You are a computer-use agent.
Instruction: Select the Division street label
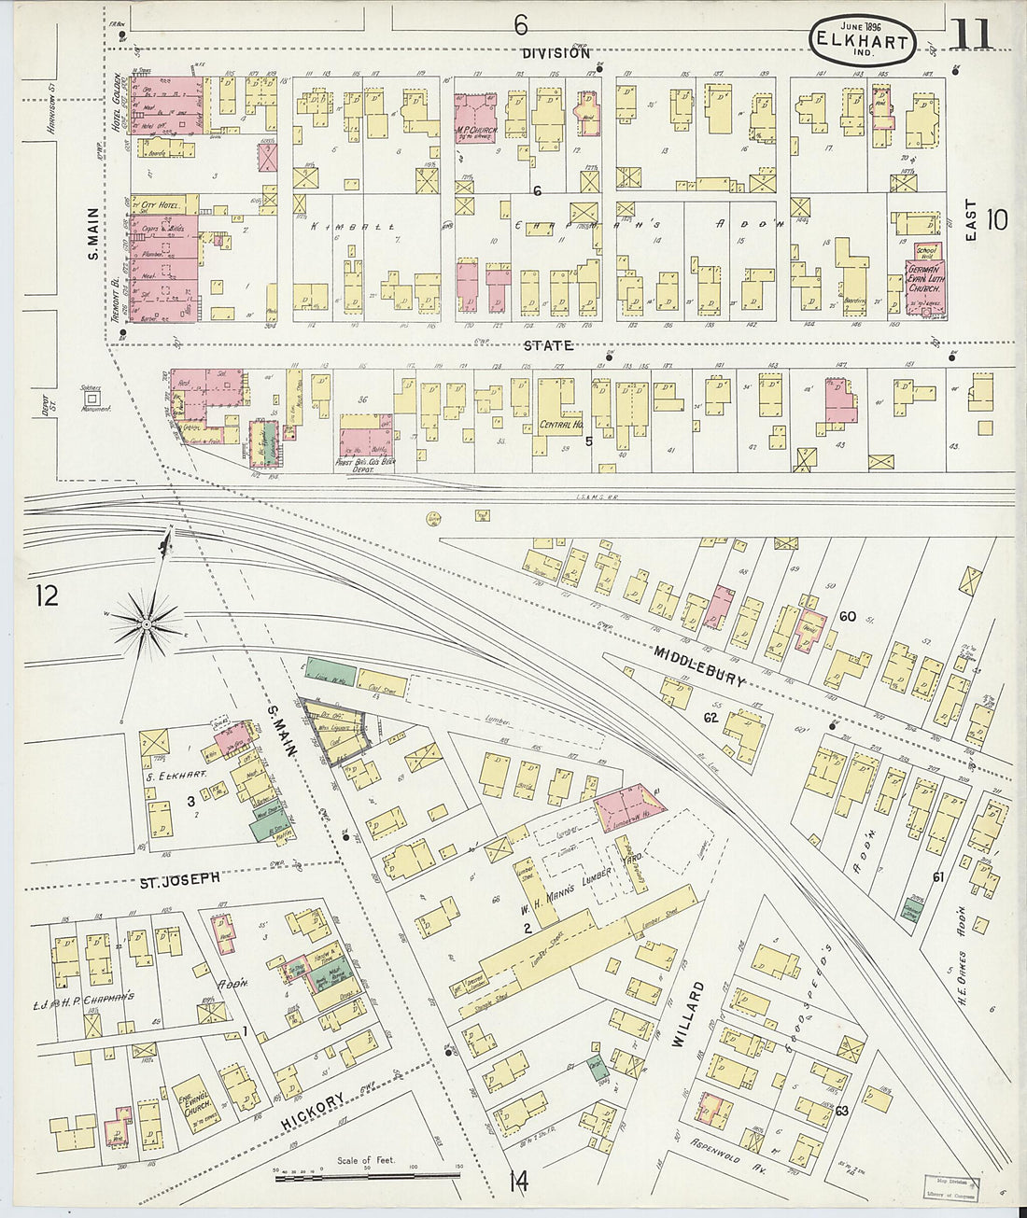tap(556, 53)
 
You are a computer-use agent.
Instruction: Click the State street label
tap(547, 345)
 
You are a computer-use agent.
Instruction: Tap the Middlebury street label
tap(701, 666)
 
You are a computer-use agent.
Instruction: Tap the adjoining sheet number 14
tap(518, 1182)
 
